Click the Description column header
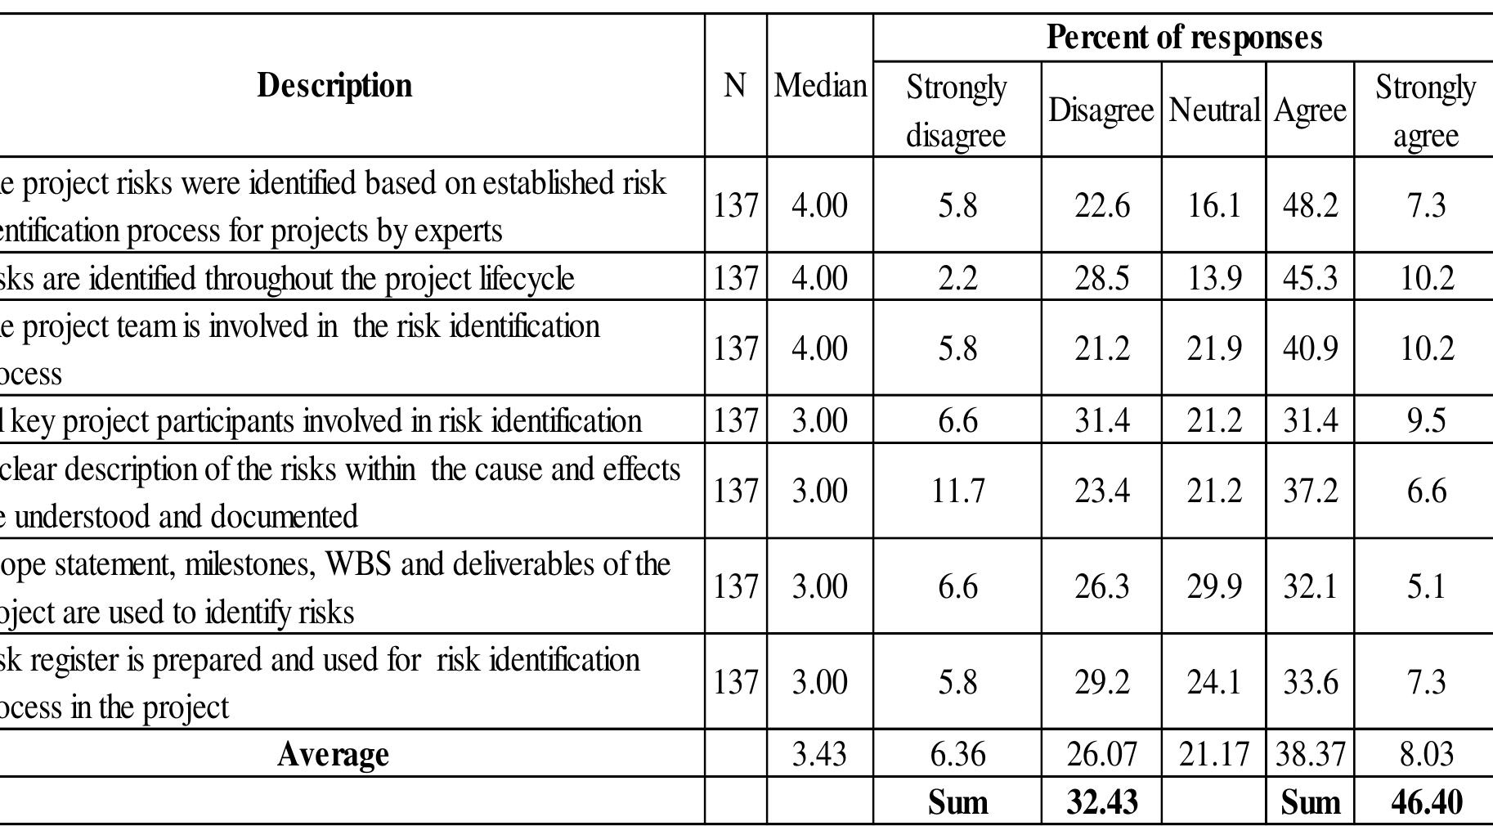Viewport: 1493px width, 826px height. [334, 85]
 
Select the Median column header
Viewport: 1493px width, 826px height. [820, 85]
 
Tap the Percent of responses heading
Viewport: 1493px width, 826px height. [1184, 37]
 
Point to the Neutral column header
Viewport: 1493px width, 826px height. [1214, 110]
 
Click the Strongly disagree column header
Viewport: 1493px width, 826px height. [957, 110]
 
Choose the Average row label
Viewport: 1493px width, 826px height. [333, 753]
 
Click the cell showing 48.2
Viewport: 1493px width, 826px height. [1310, 204]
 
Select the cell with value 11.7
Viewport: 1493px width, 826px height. [957, 491]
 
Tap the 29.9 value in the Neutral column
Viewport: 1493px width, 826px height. [1214, 586]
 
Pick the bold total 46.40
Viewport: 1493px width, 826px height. [1426, 801]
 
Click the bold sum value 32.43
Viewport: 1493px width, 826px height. [1101, 801]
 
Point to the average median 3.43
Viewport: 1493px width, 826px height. [820, 753]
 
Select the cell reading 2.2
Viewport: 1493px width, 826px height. [957, 277]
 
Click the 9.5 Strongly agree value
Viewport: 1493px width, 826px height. [1426, 420]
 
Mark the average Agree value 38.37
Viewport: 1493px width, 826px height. [1310, 753]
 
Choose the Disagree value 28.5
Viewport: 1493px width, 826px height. [1101, 277]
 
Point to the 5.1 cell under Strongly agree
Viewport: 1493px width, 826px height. [1426, 586]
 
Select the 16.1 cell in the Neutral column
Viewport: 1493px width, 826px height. [1214, 204]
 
